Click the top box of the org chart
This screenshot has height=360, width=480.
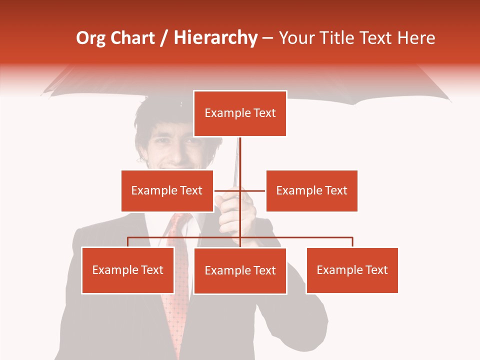[240, 113]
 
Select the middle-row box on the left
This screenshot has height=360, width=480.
[167, 190]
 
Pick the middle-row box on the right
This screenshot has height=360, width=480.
[311, 190]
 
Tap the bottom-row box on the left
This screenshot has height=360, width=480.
[127, 270]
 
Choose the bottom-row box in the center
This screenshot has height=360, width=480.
[240, 270]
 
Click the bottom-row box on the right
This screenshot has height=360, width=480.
[352, 270]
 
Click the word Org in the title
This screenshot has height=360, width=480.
[90, 38]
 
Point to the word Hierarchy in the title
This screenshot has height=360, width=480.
[215, 38]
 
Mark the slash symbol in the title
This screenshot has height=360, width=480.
[164, 38]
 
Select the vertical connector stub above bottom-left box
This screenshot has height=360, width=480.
[127, 242]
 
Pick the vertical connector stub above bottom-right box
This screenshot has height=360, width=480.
[352, 242]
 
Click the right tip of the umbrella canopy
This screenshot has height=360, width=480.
[449, 100]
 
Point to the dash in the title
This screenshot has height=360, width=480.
[267, 38]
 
